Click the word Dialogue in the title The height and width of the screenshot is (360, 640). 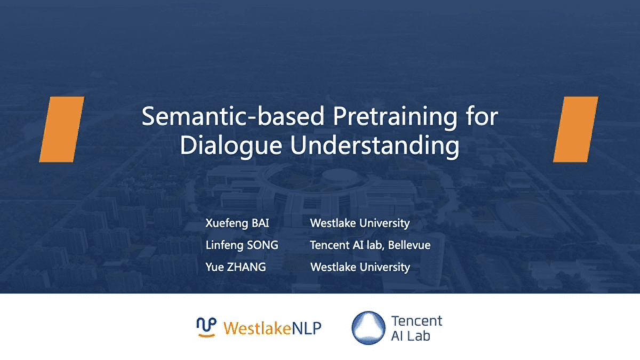231,146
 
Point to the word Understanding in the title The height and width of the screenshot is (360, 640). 375,146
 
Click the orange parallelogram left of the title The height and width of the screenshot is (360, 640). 62,130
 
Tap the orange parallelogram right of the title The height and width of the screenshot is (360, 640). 575,130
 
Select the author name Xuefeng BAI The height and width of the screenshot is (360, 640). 237,223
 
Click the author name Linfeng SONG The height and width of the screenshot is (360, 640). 242,245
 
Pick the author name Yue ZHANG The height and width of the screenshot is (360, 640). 236,267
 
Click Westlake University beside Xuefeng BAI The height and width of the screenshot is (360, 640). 360,223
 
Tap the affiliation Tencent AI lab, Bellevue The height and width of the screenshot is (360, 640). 370,245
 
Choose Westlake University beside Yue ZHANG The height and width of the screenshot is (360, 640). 360,267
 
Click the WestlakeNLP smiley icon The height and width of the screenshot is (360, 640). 206,327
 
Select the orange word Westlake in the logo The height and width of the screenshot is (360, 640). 257,328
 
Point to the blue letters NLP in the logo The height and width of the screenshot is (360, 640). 307,328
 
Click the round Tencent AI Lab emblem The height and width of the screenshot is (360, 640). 369,327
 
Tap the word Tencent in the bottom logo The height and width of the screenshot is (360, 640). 417,321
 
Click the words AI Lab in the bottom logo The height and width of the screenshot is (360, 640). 411,335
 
